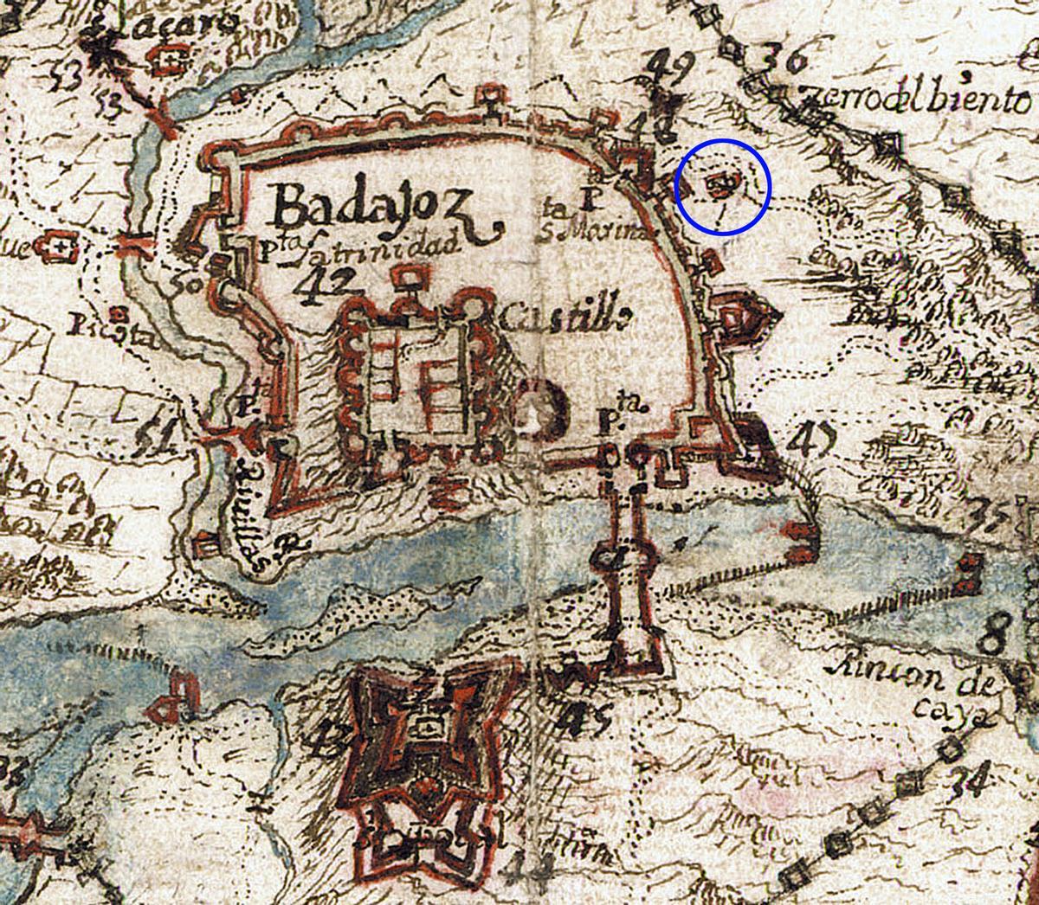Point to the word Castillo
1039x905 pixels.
(x=563, y=318)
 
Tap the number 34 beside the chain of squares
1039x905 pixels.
(x=968, y=780)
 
